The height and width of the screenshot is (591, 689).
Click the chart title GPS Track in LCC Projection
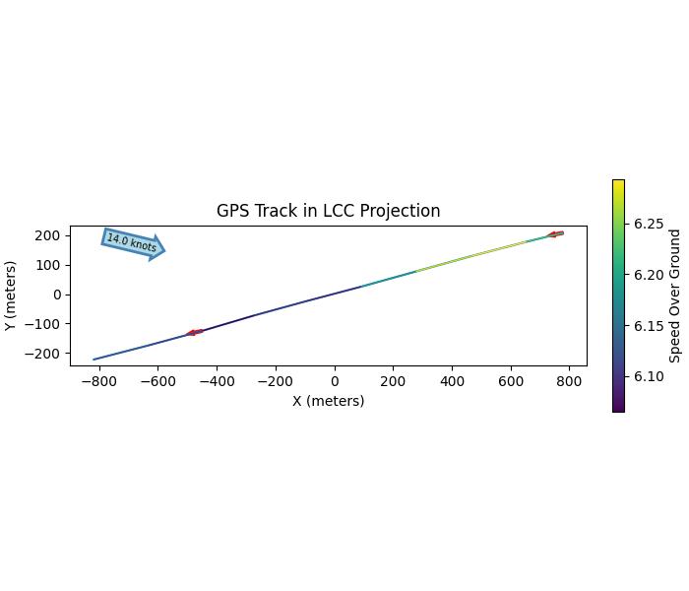click(x=328, y=211)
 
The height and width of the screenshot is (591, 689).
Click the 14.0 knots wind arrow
click(x=133, y=242)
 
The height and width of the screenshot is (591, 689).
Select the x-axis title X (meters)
click(x=328, y=401)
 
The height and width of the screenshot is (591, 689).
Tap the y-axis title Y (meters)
click(x=11, y=295)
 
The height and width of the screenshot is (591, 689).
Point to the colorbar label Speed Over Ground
click(x=675, y=295)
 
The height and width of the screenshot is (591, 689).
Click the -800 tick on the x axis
click(x=97, y=381)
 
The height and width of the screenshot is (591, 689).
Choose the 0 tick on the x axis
click(x=335, y=381)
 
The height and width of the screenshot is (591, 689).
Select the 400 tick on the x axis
click(x=452, y=381)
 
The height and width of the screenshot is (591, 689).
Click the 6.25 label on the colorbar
click(x=649, y=224)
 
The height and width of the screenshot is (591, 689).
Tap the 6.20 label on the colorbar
click(x=649, y=275)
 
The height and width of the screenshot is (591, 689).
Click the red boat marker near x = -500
click(x=195, y=332)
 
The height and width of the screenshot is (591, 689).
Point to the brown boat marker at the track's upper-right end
click(x=555, y=234)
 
